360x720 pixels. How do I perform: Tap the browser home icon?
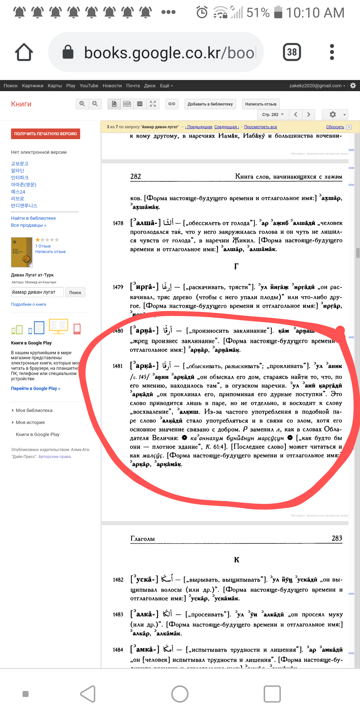pyautogui.click(x=24, y=52)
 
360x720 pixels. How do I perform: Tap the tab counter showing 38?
pyautogui.click(x=292, y=52)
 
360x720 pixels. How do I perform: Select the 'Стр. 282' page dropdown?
pyautogui.click(x=272, y=114)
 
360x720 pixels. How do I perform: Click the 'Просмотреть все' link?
pyautogui.click(x=260, y=127)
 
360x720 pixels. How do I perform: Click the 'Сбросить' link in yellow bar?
pyautogui.click(x=334, y=127)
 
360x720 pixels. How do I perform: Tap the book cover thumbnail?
pyautogui.click(x=21, y=252)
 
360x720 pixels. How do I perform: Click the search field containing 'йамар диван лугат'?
pyautogui.click(x=37, y=292)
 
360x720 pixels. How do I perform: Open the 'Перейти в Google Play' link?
pyautogui.click(x=35, y=388)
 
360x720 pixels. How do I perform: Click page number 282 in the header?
pyautogui.click(x=135, y=176)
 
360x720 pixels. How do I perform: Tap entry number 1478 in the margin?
pyautogui.click(x=118, y=223)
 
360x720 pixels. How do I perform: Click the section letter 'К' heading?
pyautogui.click(x=236, y=560)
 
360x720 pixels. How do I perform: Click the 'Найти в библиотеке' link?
pyautogui.click(x=33, y=218)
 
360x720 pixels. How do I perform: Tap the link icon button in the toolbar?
pyautogui.click(x=171, y=104)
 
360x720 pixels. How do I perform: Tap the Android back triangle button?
pyautogui.click(x=88, y=694)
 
